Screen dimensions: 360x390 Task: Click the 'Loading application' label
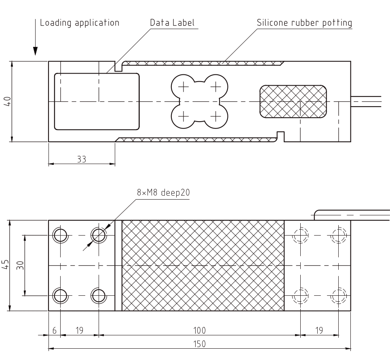click(80, 23)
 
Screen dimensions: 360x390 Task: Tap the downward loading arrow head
click(36, 51)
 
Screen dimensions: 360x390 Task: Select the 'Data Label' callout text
click(172, 23)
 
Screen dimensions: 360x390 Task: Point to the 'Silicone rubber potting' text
click(304, 23)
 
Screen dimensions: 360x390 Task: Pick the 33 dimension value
click(82, 160)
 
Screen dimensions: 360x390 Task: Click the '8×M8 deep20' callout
click(163, 193)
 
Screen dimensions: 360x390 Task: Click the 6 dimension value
click(55, 331)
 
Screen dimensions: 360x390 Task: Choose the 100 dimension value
click(199, 331)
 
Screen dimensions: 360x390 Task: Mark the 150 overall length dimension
click(199, 344)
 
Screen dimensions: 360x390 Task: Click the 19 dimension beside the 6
click(79, 331)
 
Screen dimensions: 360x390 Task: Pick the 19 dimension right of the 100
click(319, 331)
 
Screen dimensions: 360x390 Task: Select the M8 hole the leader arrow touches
click(99, 235)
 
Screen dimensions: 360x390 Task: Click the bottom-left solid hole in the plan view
click(61, 295)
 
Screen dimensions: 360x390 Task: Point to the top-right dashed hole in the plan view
click(338, 235)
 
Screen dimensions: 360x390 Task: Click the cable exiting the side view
click(366, 101)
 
